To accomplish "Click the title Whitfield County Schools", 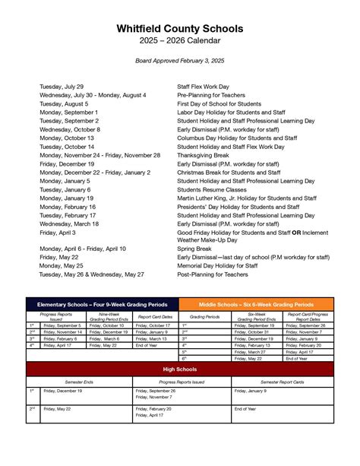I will tap(180, 28).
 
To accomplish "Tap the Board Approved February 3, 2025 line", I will tap(180, 59).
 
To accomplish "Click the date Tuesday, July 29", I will tap(62, 87).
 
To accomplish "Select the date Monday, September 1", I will tap(68, 112).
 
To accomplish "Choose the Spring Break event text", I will tap(194, 249).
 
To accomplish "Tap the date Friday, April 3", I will tap(58, 233).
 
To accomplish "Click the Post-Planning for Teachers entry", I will tap(213, 274).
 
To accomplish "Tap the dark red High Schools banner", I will tap(180, 369).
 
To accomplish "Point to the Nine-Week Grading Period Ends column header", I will tap(109, 317).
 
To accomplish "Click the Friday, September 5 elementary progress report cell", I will tap(63, 325).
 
